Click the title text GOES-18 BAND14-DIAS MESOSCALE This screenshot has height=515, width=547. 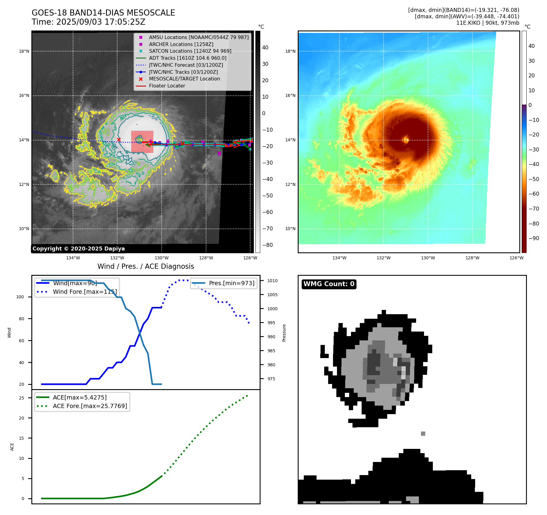tap(103, 13)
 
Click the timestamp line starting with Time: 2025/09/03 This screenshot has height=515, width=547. tap(88, 22)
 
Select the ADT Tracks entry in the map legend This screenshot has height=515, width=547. tap(188, 58)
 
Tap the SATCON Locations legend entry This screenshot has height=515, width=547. tap(190, 51)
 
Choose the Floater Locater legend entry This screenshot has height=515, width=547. tap(167, 86)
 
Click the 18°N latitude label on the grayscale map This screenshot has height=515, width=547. tap(24, 51)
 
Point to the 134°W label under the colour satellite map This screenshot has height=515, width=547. tap(339, 258)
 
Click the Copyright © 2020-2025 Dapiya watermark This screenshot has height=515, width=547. tap(79, 249)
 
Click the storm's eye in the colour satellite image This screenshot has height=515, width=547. tap(406, 140)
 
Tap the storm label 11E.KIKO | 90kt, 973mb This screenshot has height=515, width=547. tap(488, 23)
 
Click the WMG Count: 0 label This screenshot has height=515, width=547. tap(329, 284)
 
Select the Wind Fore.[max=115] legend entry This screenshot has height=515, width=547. tap(85, 292)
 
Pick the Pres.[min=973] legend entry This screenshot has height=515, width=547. tap(231, 283)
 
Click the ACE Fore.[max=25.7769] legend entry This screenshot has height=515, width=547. tap(90, 406)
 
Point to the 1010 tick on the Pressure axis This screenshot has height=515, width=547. tap(272, 281)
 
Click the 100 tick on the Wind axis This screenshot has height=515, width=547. tap(20, 297)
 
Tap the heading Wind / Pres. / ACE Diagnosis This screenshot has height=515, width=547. tap(146, 266)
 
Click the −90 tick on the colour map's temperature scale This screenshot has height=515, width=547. tap(534, 238)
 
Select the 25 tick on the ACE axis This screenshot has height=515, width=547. tap(21, 398)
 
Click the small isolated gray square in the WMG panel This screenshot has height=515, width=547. tap(423, 434)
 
